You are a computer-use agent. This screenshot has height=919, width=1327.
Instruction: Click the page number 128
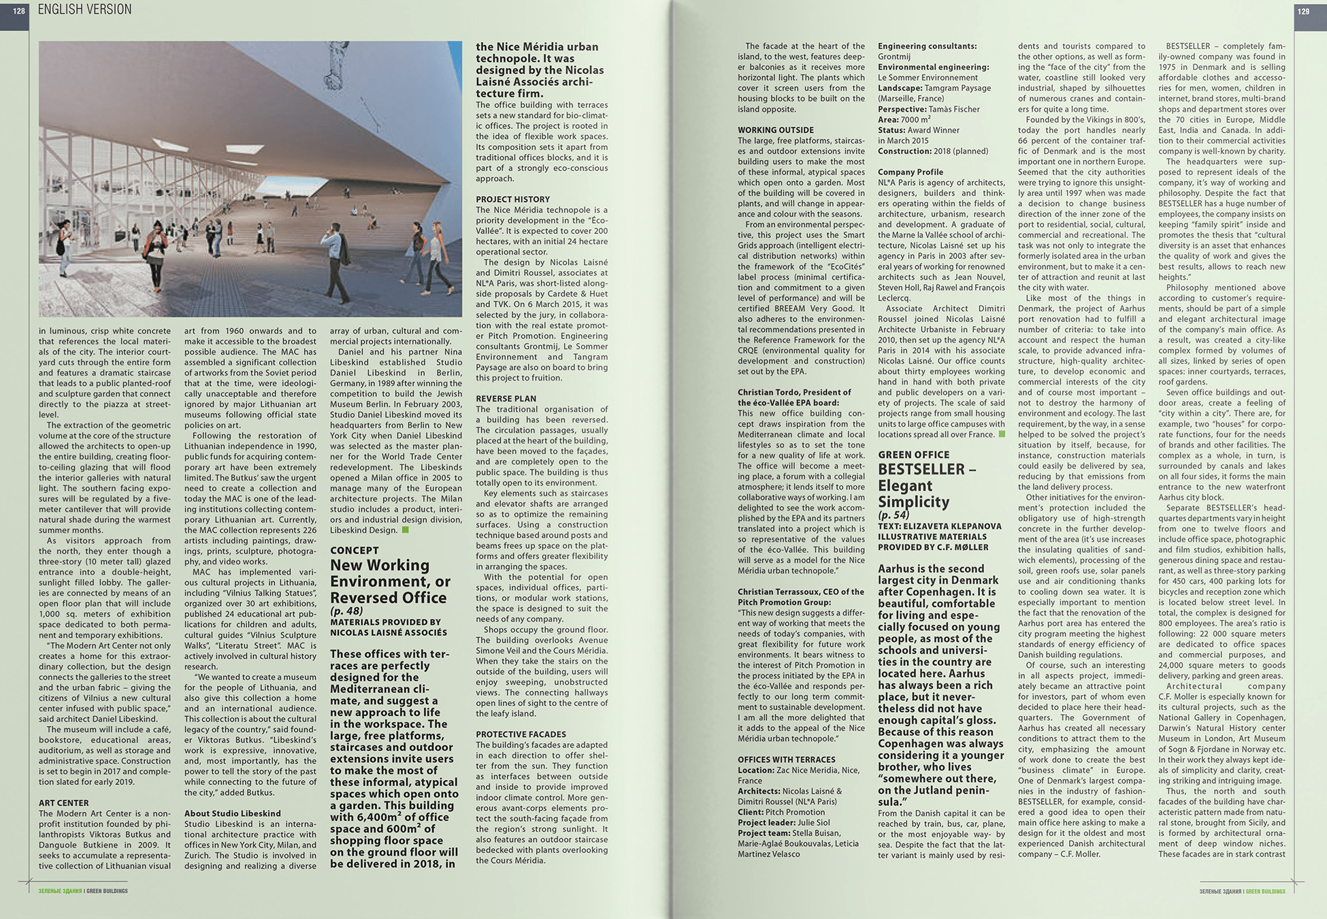(x=18, y=11)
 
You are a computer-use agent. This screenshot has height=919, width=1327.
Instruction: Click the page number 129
(x=1303, y=11)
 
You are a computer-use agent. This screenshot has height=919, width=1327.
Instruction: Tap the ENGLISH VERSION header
(x=85, y=10)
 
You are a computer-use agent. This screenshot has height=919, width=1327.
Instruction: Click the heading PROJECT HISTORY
(x=512, y=199)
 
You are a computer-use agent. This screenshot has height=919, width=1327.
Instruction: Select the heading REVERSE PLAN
(x=506, y=398)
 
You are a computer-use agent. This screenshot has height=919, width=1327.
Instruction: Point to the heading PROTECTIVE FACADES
(x=521, y=734)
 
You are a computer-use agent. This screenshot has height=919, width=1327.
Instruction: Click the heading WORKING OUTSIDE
(x=776, y=130)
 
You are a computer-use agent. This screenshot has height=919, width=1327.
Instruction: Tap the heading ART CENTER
(x=63, y=803)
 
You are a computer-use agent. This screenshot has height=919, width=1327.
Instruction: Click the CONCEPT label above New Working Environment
(x=354, y=550)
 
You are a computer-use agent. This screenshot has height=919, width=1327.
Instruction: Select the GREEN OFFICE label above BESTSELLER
(x=913, y=455)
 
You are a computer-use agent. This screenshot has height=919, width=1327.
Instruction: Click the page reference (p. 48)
(x=346, y=611)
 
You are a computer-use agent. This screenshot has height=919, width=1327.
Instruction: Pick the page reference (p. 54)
(x=894, y=515)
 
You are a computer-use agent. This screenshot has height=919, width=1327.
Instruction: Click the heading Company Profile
(x=911, y=172)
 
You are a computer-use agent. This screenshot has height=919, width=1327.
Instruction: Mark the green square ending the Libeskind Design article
(x=405, y=530)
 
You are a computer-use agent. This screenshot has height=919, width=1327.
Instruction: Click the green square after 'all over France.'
(x=1001, y=434)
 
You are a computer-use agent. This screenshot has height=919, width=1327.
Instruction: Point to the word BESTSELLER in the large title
(x=921, y=469)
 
